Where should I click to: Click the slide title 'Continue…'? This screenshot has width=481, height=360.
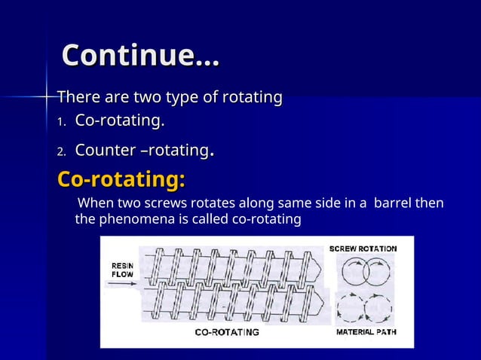coord(140,56)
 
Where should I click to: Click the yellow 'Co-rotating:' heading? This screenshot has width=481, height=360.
coord(121,182)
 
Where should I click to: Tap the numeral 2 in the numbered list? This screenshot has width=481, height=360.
coord(62,151)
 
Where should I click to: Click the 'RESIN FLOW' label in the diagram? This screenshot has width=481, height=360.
coord(123,270)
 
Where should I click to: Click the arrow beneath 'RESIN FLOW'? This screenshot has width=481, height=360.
coord(123,285)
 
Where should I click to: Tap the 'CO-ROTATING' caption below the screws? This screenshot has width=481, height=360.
coord(227,331)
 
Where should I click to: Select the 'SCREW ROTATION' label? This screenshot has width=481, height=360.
coord(363,248)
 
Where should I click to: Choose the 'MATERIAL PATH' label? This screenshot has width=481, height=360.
coord(366,331)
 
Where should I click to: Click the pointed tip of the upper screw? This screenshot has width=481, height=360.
coord(320,266)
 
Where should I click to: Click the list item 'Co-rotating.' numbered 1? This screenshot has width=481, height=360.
coord(120,121)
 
